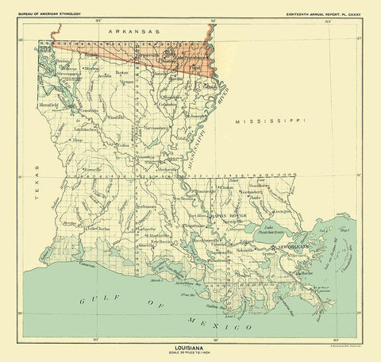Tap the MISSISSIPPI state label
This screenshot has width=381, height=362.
pyautogui.click(x=266, y=120)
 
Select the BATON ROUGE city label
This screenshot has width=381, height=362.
pyautogui.click(x=229, y=215)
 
